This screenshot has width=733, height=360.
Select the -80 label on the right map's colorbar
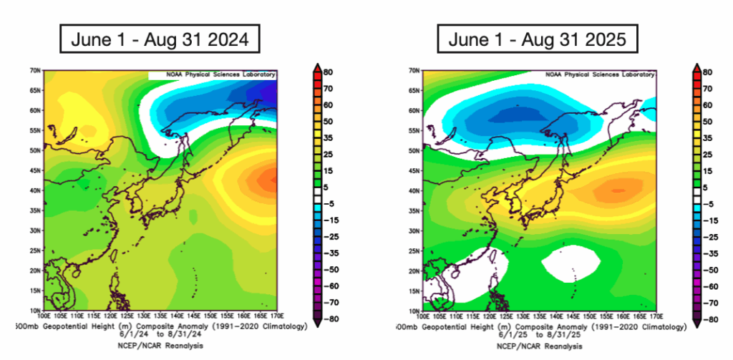click(707, 319)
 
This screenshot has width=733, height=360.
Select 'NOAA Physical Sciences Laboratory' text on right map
click(593, 74)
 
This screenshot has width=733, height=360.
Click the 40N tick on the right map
click(414, 191)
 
